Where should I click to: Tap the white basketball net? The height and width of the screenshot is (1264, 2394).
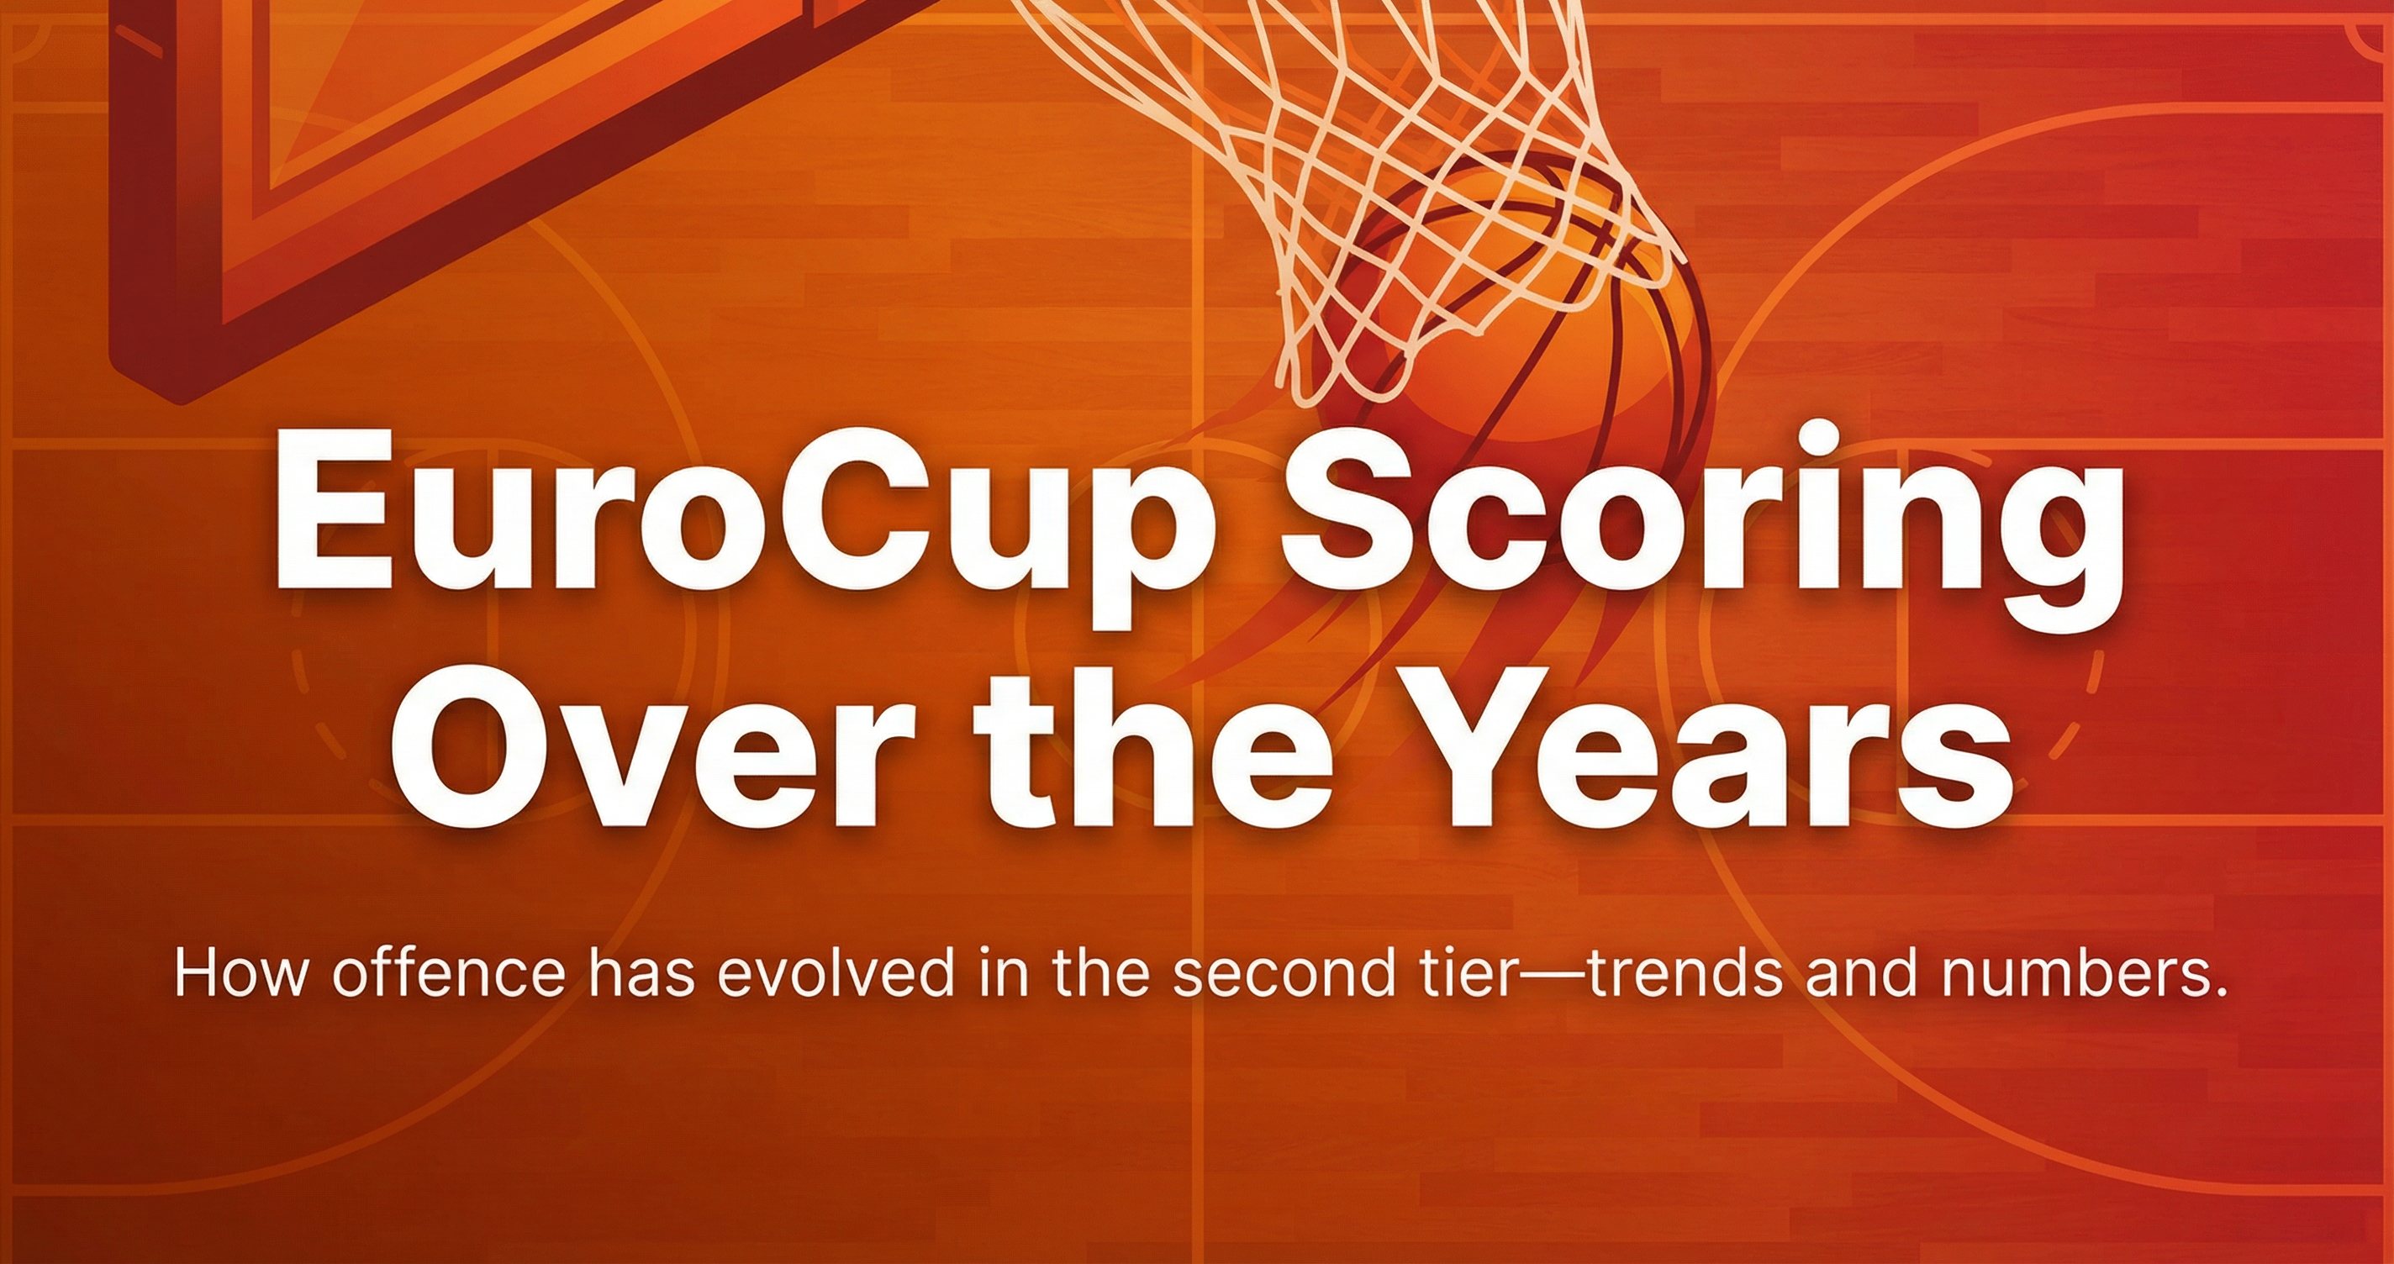(1394, 167)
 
